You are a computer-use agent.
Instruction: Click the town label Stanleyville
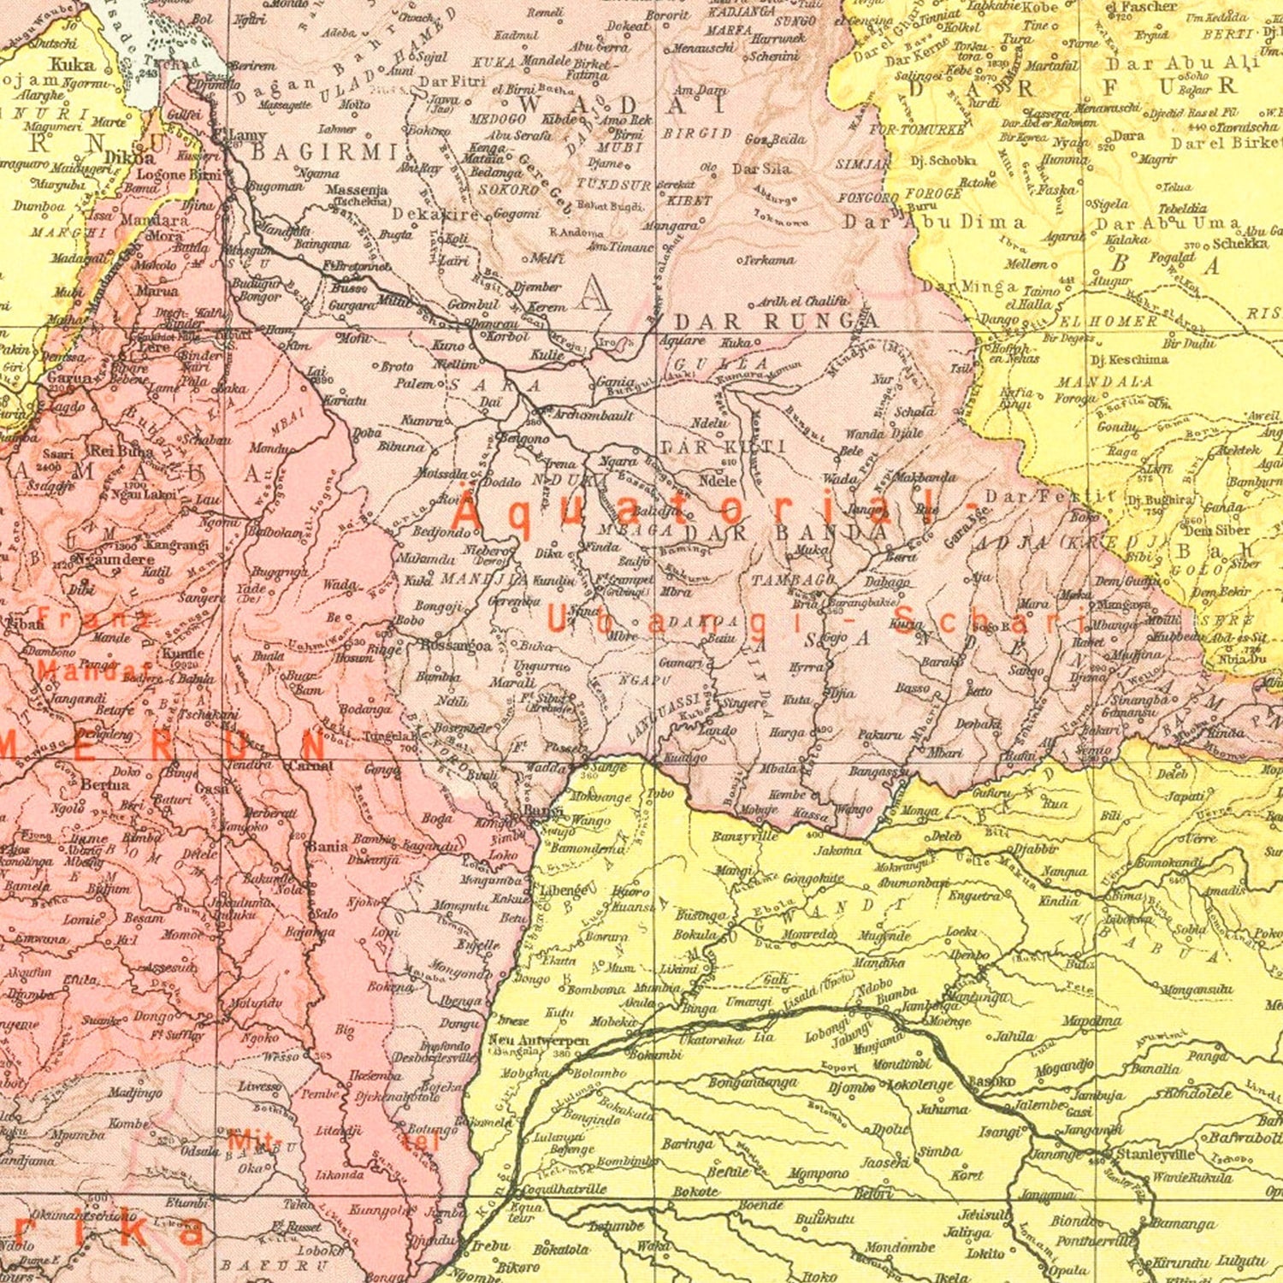tap(1156, 1154)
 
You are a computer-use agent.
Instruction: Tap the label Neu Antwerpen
tap(538, 1041)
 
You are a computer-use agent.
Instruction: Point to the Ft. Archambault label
tap(592, 416)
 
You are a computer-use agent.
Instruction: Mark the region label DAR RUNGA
tap(777, 322)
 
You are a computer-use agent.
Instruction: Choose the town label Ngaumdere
tap(114, 559)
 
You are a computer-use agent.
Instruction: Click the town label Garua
tap(69, 377)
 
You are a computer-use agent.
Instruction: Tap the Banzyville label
tap(744, 837)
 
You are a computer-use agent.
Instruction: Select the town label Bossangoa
tap(456, 646)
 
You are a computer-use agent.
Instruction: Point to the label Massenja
tap(357, 189)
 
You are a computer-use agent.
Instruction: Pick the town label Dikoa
tap(130, 157)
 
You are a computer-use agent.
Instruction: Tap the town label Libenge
tap(561, 890)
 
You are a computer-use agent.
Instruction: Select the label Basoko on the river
tap(990, 1081)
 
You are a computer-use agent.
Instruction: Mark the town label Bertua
tap(105, 784)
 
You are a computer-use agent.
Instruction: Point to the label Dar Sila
tap(761, 169)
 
